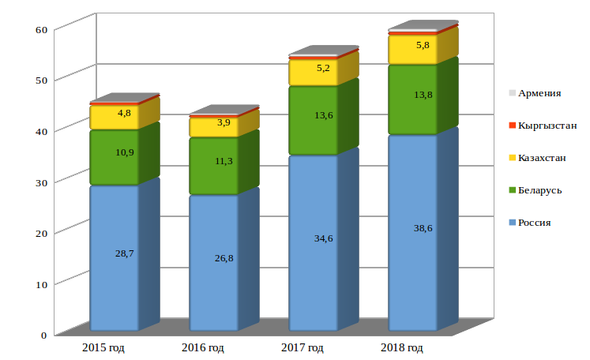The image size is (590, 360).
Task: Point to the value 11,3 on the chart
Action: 224,161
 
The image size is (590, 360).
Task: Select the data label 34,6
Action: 323,238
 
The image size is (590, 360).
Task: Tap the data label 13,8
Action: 423,95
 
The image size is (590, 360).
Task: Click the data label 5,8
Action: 423,45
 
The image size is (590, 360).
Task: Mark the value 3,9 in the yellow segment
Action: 224,122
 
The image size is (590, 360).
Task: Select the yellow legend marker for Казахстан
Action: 512,158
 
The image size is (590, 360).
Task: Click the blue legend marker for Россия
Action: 512,223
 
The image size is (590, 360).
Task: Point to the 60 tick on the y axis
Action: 41,29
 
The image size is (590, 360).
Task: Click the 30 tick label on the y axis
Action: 41,182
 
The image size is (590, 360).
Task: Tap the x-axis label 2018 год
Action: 401,348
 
